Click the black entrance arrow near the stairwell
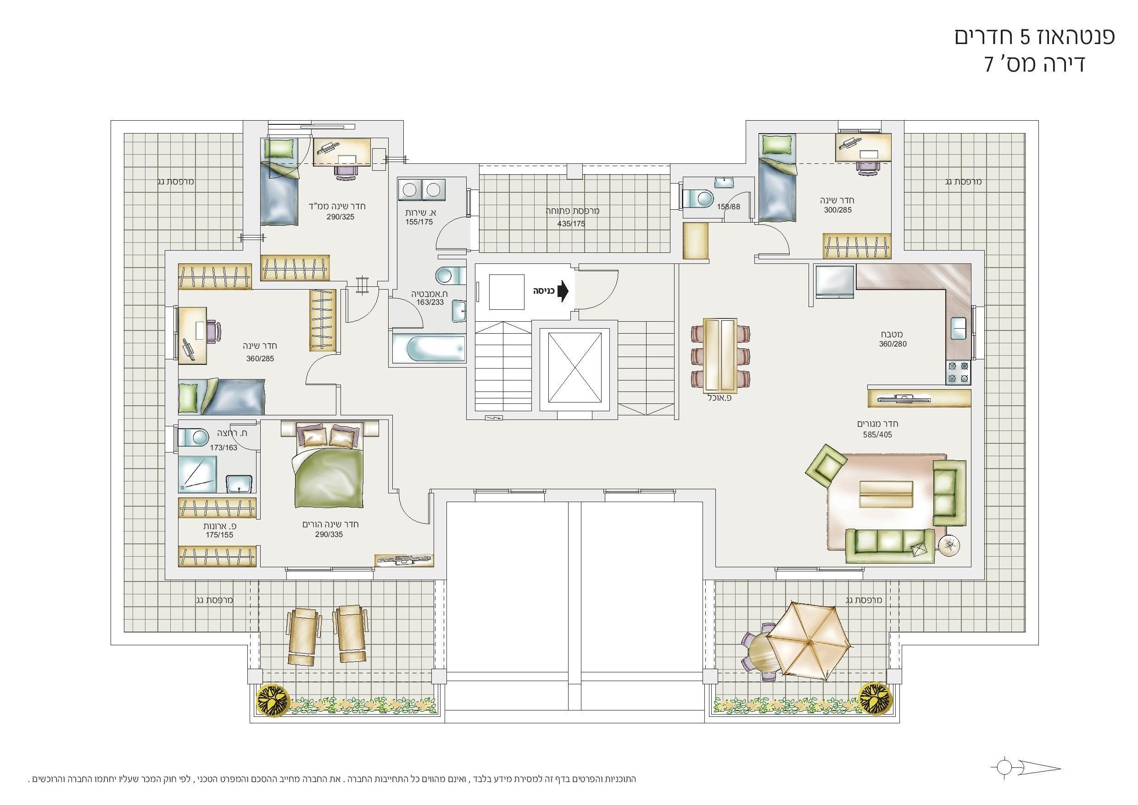tap(563, 291)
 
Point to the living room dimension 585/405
tap(877, 435)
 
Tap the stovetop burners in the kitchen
tap(958, 372)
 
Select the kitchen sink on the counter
tap(958, 328)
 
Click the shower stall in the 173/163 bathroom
tap(197, 473)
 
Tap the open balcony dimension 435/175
tap(571, 224)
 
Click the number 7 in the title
tap(989, 64)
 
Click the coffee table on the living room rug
tap(886, 494)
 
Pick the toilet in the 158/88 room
tap(698, 199)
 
